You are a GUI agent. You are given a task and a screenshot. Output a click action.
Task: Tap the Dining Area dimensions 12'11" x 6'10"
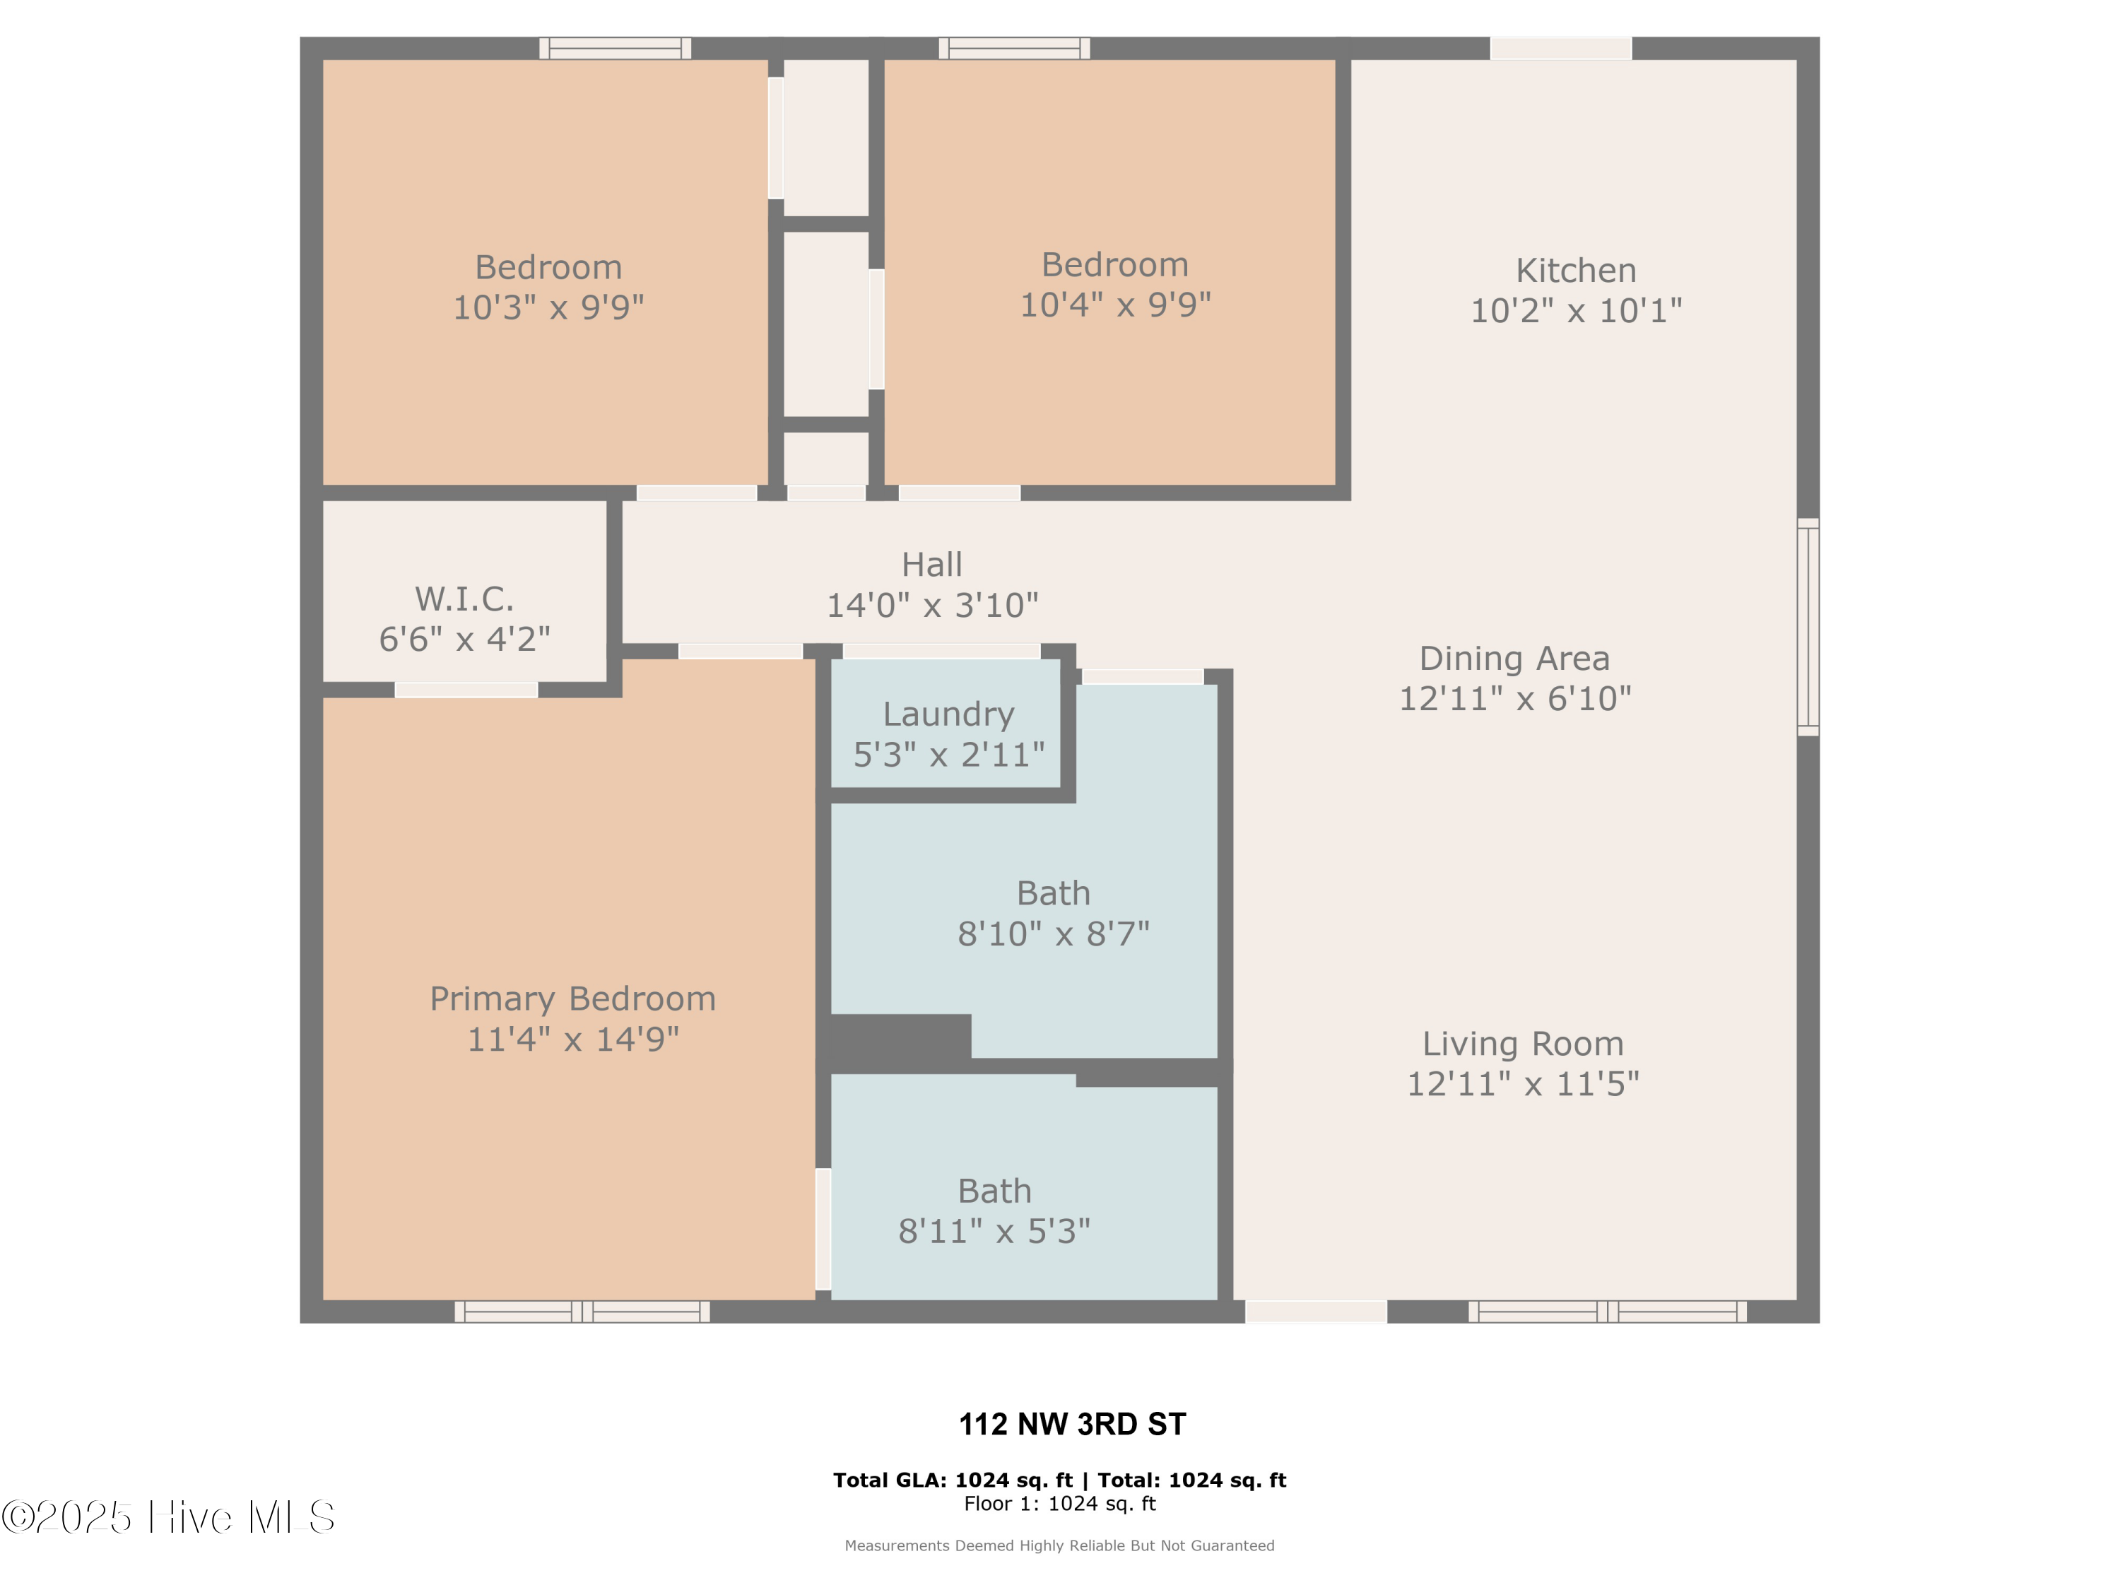(x=1514, y=699)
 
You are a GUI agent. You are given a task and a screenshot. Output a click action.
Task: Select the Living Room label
(x=1522, y=1044)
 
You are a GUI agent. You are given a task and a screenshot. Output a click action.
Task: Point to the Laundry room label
(x=948, y=715)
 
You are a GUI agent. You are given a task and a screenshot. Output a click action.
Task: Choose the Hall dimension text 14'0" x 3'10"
(x=931, y=606)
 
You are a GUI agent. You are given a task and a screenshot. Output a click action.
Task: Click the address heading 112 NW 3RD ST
(x=1071, y=1424)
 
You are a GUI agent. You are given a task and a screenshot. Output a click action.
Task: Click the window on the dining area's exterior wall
(x=1807, y=627)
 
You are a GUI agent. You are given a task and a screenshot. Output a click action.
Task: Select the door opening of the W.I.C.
(x=466, y=690)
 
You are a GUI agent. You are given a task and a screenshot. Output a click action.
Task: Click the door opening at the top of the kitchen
(x=1560, y=48)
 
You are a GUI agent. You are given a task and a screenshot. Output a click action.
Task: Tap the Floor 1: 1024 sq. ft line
(x=1059, y=1504)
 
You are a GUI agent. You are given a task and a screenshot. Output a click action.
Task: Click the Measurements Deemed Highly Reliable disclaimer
(x=1059, y=1545)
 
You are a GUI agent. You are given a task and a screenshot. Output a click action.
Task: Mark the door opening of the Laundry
(x=941, y=652)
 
